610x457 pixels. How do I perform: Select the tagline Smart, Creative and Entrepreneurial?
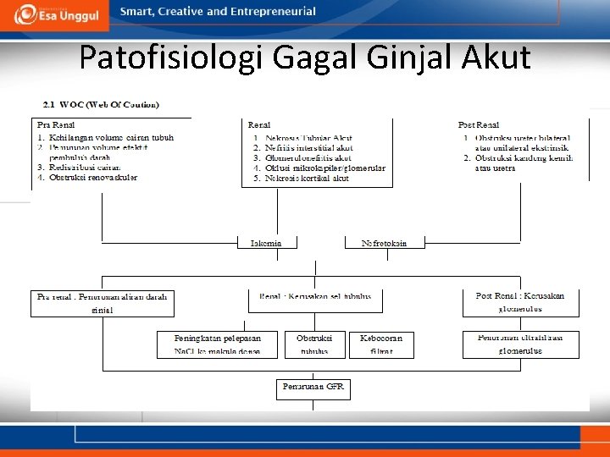pyautogui.click(x=218, y=12)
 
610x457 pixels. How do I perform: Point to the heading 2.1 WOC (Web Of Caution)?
pyautogui.click(x=101, y=105)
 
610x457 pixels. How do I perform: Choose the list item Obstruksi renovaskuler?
pyautogui.click(x=93, y=178)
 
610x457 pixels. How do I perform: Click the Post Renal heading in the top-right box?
pyautogui.click(x=479, y=125)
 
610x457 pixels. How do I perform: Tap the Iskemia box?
pyautogui.click(x=266, y=243)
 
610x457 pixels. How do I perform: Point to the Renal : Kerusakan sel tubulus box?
pyautogui.click(x=315, y=299)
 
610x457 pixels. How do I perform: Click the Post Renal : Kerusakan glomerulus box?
pyautogui.click(x=520, y=302)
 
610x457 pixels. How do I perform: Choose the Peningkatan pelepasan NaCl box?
pyautogui.click(x=217, y=344)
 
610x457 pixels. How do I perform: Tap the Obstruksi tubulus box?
pyautogui.click(x=313, y=344)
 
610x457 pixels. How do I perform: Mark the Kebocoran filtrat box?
pyautogui.click(x=381, y=344)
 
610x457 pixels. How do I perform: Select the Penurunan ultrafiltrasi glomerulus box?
pyautogui.click(x=520, y=344)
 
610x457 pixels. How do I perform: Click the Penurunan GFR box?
pyautogui.click(x=313, y=388)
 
